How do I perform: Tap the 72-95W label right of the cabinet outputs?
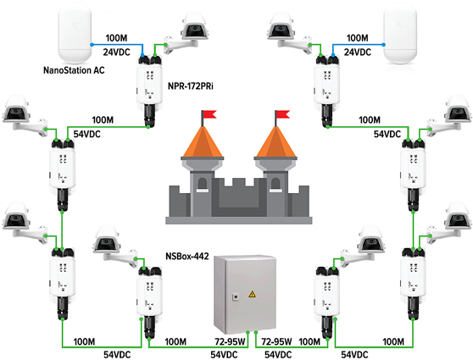pos(277,341)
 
